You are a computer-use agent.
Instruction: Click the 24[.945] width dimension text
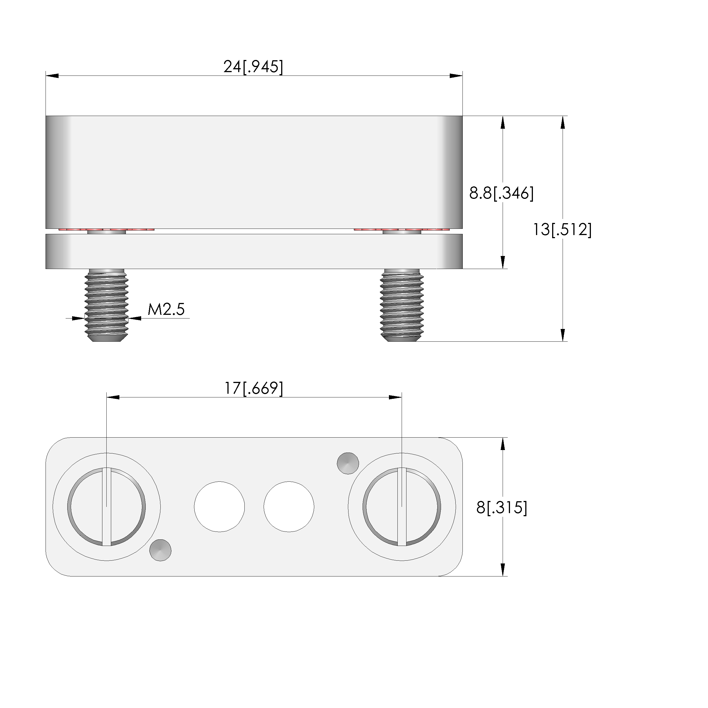coord(253,67)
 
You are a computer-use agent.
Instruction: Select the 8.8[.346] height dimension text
coord(501,193)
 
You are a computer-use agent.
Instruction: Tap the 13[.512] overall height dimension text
coord(562,230)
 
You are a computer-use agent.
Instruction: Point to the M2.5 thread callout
coord(166,310)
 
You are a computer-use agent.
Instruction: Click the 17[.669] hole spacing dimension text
coord(254,388)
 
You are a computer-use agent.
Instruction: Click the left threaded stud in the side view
coord(107,305)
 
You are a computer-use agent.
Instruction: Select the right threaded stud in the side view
coord(402,305)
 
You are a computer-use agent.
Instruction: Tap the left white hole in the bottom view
coord(219,507)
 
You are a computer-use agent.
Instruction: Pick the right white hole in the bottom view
coord(289,507)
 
